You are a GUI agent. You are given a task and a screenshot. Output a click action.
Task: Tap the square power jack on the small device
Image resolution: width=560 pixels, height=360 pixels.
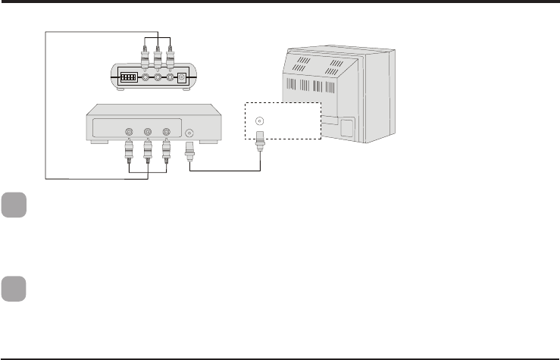[x=182, y=77]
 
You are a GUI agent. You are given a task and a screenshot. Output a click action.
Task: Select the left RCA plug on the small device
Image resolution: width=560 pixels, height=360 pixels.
[x=144, y=56]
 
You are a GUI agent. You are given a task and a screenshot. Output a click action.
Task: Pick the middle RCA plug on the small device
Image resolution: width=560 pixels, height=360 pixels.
[x=157, y=56]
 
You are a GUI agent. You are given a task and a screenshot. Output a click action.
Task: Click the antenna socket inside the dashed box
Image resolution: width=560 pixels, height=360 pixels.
[x=261, y=120]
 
